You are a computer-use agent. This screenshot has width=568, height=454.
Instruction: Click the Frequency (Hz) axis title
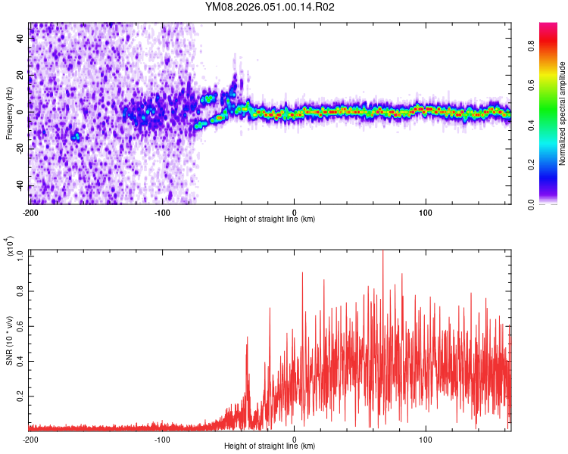point(9,113)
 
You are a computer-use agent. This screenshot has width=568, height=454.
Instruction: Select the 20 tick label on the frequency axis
point(20,74)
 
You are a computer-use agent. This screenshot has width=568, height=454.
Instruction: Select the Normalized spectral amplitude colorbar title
point(563,113)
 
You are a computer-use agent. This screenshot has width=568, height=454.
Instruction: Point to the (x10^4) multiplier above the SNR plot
point(9,246)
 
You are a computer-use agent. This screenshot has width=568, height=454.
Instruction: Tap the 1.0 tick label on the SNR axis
point(20,255)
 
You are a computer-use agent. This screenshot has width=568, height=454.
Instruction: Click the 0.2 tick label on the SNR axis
point(20,396)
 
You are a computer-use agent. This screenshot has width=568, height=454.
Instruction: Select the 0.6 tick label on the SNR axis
point(20,325)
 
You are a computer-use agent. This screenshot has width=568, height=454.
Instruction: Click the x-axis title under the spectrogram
point(270,219)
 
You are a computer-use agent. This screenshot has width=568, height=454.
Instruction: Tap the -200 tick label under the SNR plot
point(30,439)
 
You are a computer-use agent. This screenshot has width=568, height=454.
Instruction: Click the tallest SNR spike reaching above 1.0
point(382,253)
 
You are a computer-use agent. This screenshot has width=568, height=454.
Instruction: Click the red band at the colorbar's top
point(549,26)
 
